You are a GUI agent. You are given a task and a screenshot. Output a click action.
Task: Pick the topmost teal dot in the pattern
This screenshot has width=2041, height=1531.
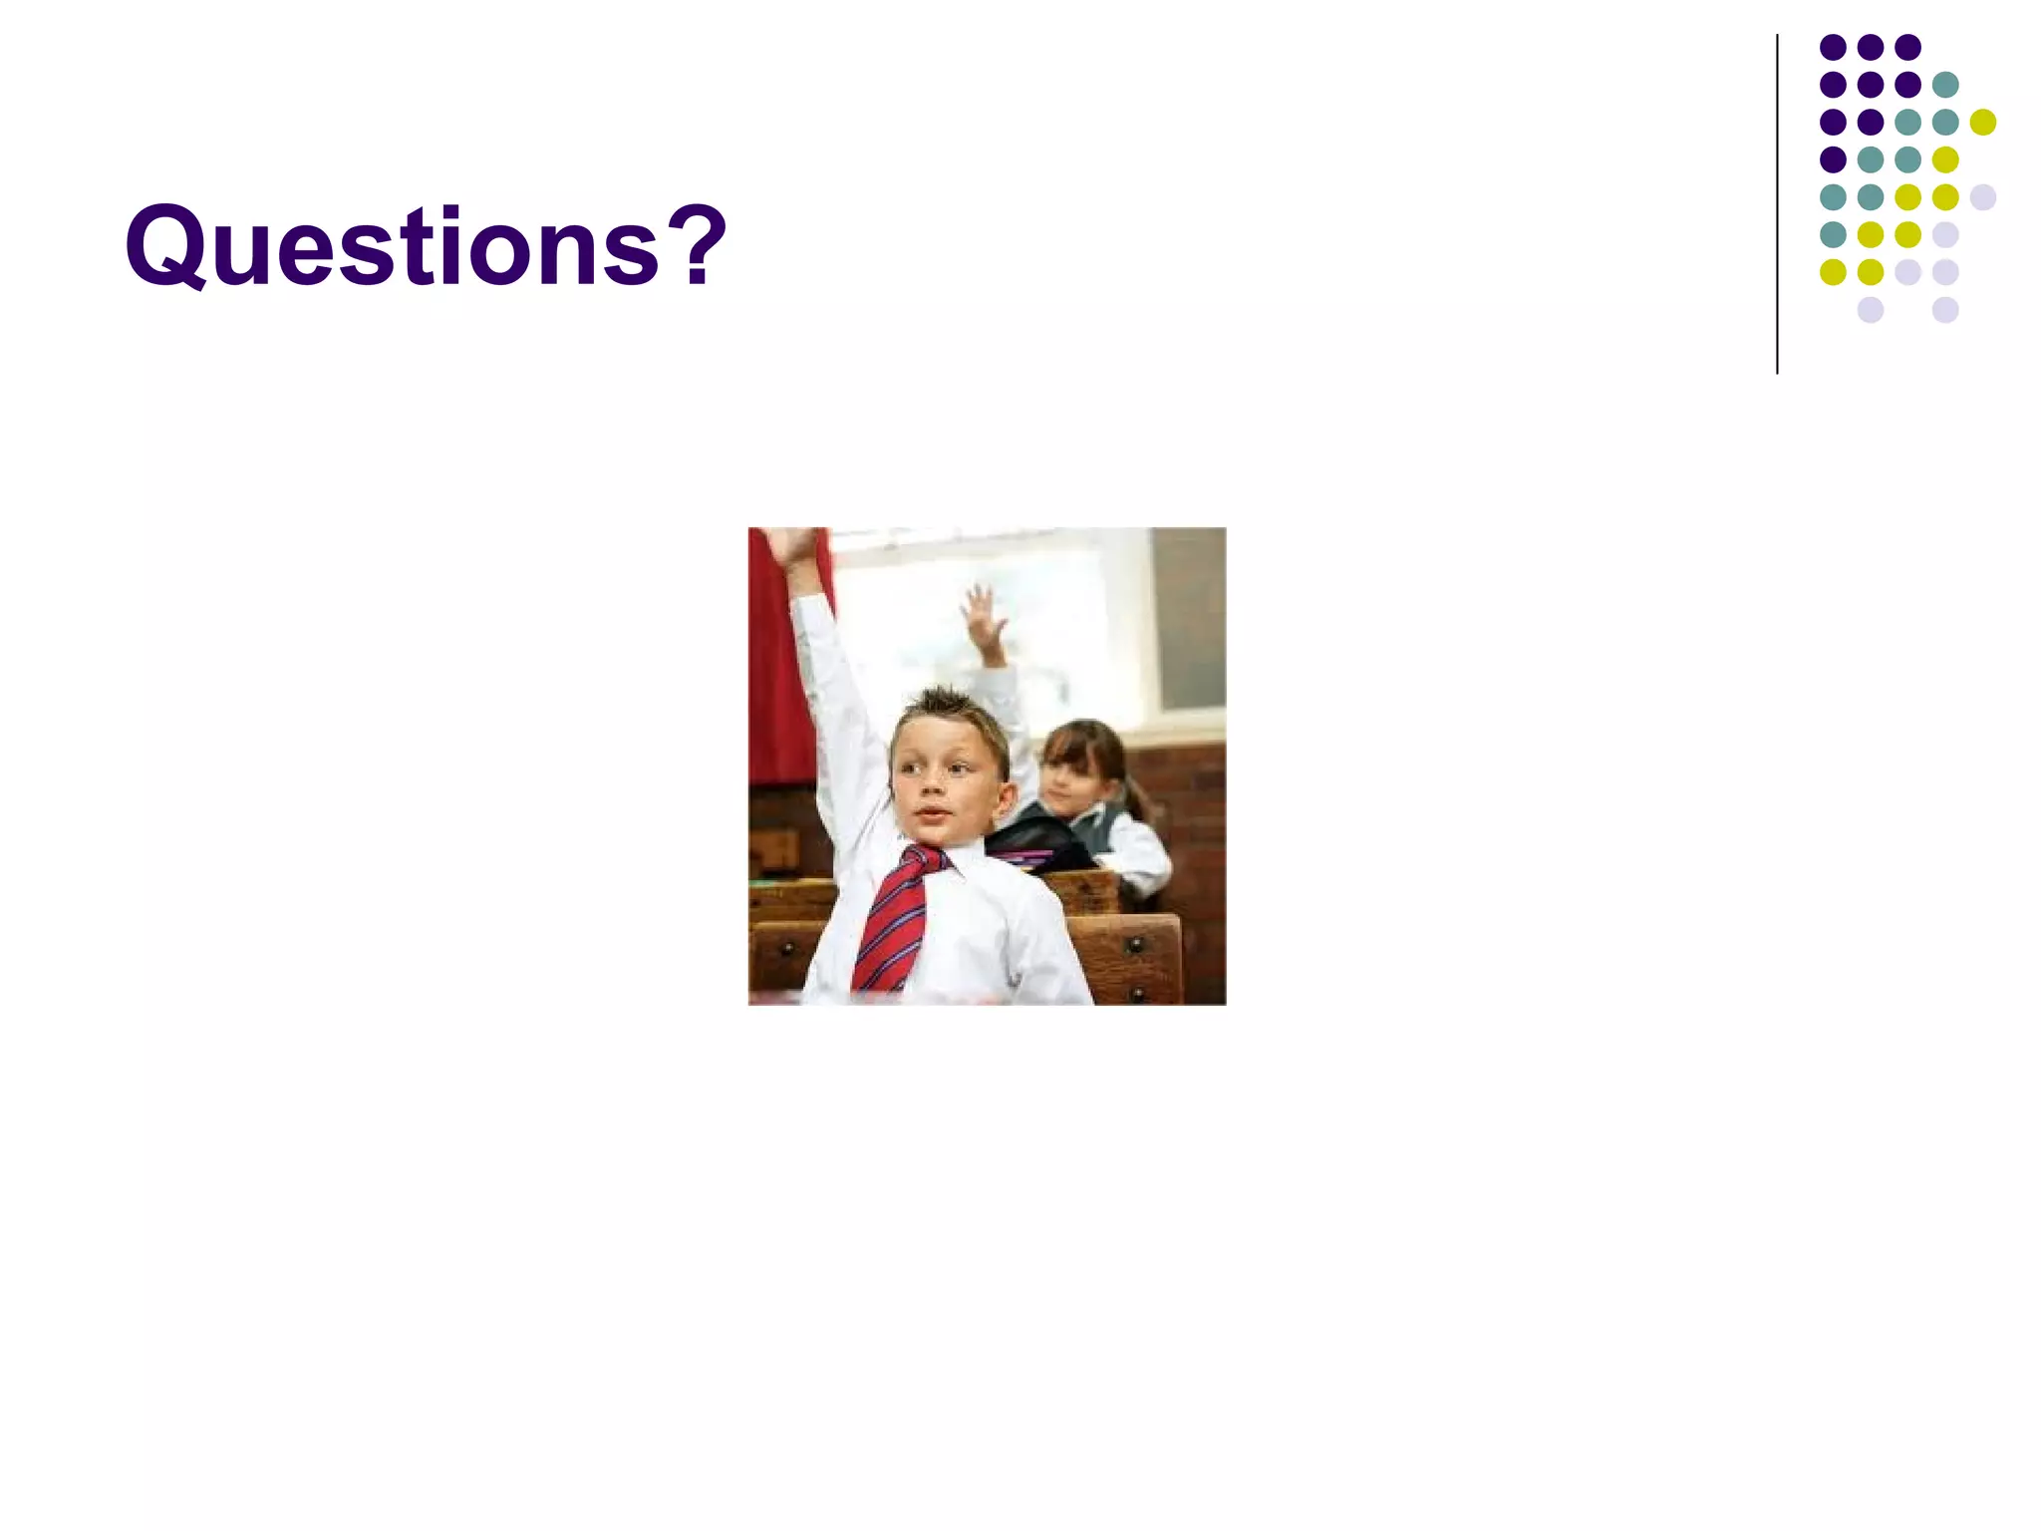1944,85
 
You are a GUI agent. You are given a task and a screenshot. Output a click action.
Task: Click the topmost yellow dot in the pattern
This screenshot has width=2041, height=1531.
1982,122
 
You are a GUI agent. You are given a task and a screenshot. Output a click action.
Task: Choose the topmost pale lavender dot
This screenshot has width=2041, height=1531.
1982,197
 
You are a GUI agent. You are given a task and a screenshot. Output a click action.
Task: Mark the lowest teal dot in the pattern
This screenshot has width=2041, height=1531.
1833,234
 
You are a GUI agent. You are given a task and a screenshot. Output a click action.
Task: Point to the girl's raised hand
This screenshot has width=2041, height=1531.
985,615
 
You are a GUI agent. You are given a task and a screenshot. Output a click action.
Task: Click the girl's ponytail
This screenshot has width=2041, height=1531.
1137,792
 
